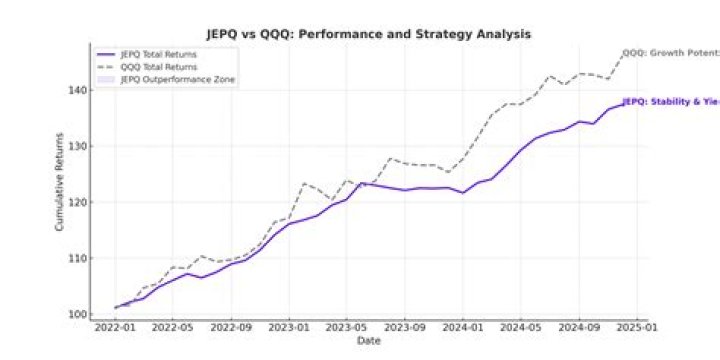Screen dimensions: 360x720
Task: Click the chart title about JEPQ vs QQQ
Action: pyautogui.click(x=368, y=34)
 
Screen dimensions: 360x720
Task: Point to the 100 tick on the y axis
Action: pyautogui.click(x=78, y=314)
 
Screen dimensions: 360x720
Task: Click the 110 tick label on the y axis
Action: pyautogui.click(x=78, y=258)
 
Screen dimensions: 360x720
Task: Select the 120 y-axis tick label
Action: pyautogui.click(x=78, y=202)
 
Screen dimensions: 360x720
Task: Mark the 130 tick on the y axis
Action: pyautogui.click(x=78, y=146)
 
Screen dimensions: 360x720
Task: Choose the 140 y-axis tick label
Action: pyautogui.click(x=78, y=90)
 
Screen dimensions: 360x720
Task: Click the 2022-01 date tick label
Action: pyautogui.click(x=115, y=327)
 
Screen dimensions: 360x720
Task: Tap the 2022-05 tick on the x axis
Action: pyautogui.click(x=172, y=327)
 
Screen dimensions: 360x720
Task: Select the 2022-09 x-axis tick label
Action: pyautogui.click(x=231, y=327)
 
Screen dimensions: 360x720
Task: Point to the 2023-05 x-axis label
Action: pyautogui.click(x=346, y=327)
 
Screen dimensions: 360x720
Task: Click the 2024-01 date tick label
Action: pyautogui.click(x=463, y=327)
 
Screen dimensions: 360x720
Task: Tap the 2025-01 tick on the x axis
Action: pyautogui.click(x=637, y=327)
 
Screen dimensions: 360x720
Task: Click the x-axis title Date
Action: pyautogui.click(x=368, y=341)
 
